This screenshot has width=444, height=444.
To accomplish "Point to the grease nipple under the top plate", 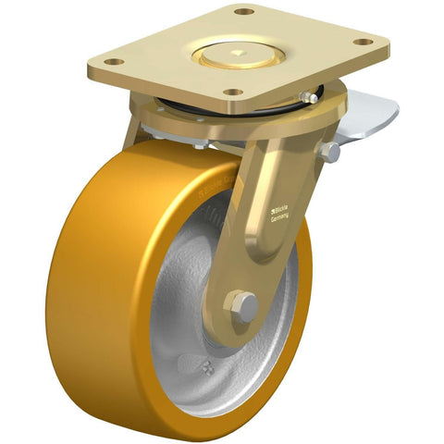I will click(305, 96).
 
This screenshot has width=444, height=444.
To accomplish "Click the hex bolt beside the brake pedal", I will click(330, 153).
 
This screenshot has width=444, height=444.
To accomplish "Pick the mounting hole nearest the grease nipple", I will click(234, 92).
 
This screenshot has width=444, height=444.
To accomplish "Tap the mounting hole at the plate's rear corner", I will click(243, 12).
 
